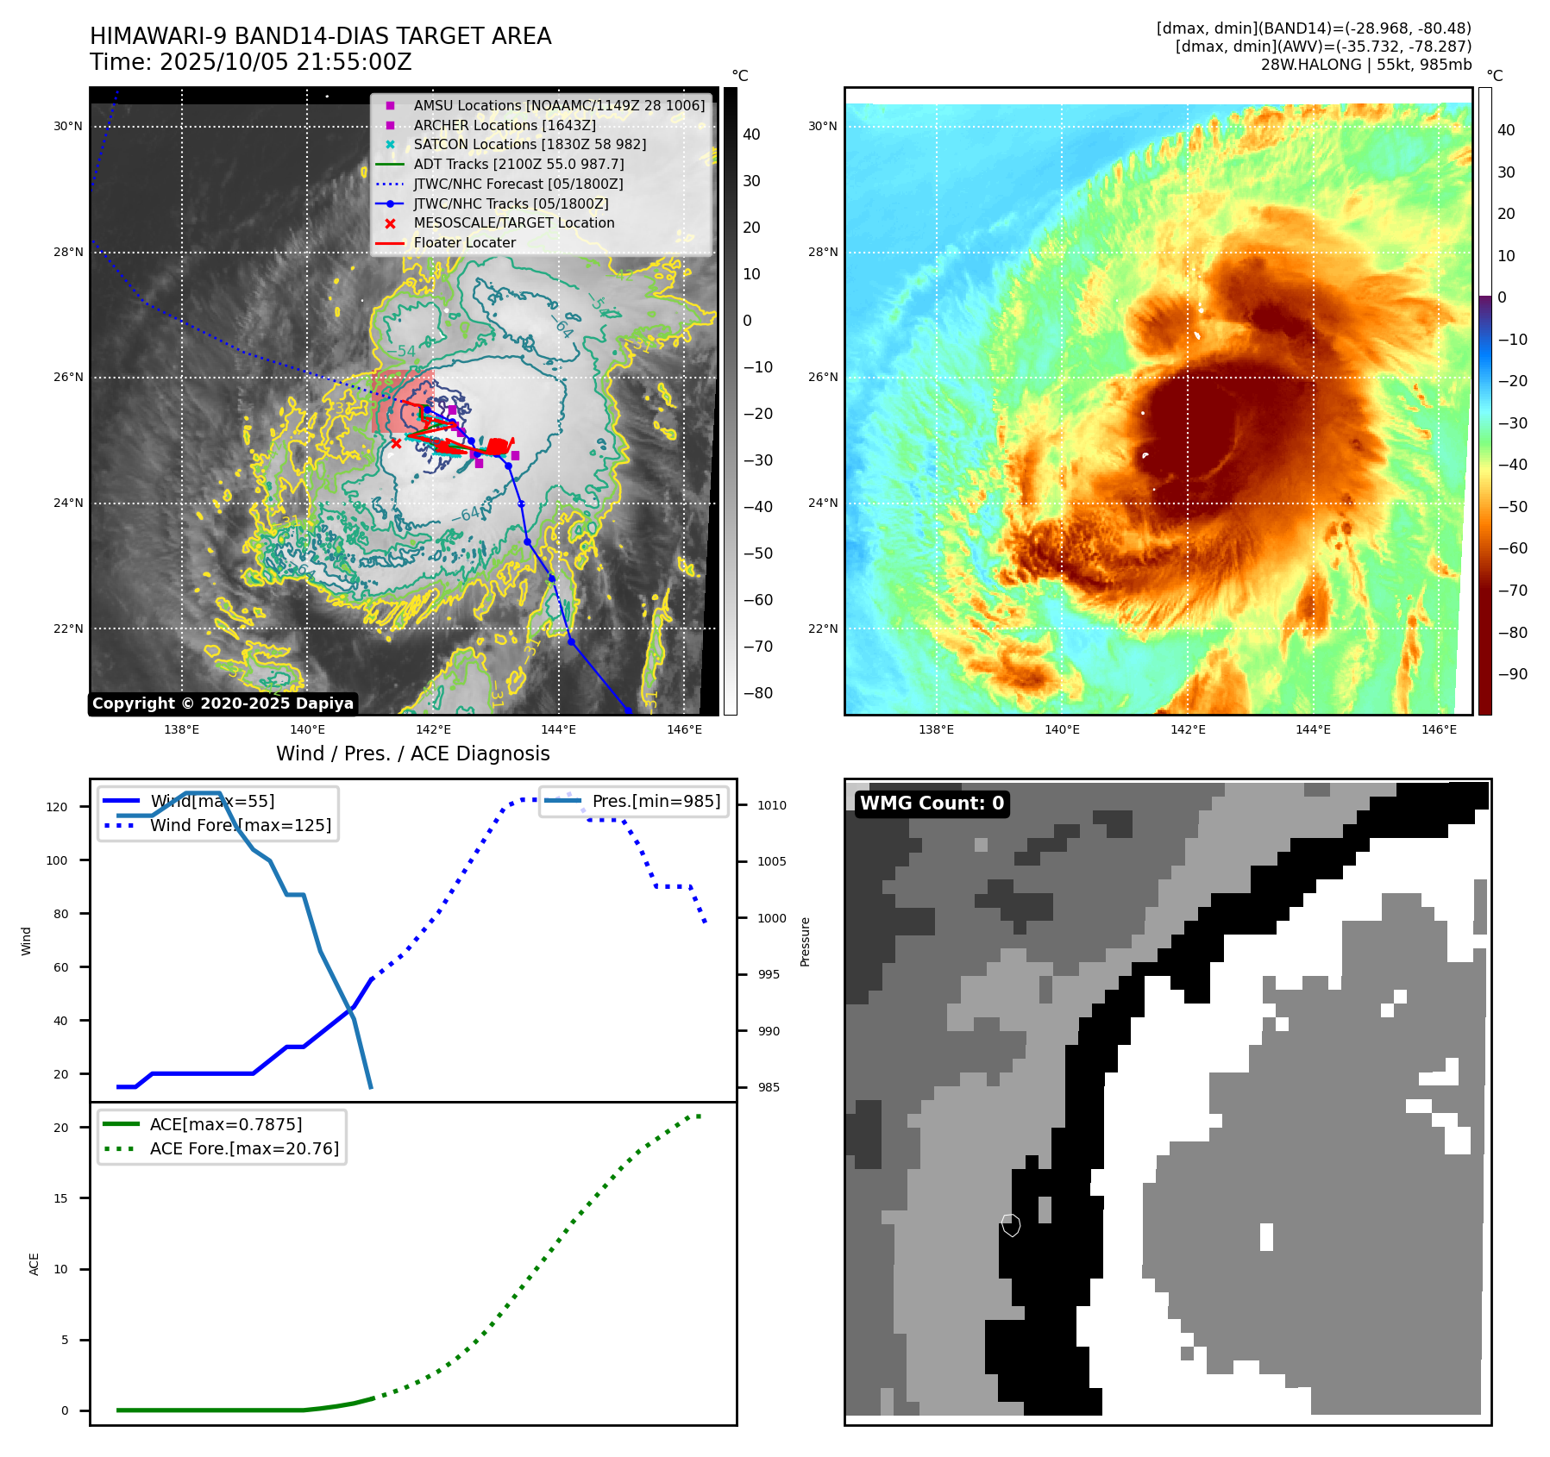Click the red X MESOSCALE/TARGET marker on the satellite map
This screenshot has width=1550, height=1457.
(x=396, y=443)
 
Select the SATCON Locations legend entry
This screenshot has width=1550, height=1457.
(x=529, y=145)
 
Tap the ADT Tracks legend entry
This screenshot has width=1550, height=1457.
(x=518, y=164)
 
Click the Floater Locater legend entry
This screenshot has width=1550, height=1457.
(x=464, y=243)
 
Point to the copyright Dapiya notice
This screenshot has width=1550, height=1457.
(x=223, y=703)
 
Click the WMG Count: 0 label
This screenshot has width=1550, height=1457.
(x=932, y=804)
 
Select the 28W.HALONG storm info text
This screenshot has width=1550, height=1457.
(x=1365, y=65)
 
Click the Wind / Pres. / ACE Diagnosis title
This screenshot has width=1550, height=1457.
(x=412, y=754)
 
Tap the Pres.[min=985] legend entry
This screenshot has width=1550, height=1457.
(x=656, y=801)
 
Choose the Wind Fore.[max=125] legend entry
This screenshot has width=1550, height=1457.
(x=240, y=825)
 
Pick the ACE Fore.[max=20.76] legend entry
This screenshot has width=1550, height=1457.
(x=244, y=1148)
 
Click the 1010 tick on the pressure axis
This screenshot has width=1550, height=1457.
(x=772, y=805)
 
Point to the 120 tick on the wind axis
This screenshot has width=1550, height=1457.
(x=57, y=807)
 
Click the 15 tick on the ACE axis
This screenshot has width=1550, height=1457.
(x=60, y=1198)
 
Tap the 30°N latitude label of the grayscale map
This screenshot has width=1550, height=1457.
(x=68, y=127)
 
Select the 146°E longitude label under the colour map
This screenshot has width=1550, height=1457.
(x=1439, y=730)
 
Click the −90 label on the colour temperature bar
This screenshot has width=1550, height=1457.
(x=1512, y=674)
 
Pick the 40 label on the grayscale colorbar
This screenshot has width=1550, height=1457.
(x=751, y=134)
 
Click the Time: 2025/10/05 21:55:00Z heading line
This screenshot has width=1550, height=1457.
(x=251, y=63)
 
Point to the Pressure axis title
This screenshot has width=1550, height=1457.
(x=805, y=941)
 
